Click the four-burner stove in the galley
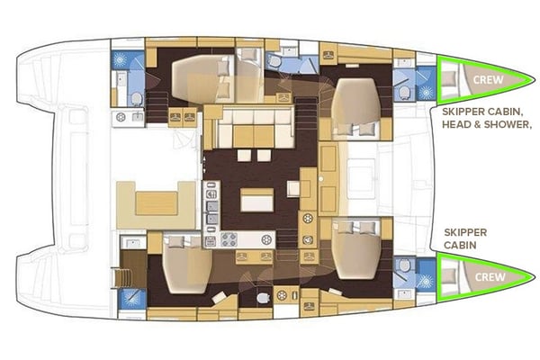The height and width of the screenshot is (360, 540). click(229, 240)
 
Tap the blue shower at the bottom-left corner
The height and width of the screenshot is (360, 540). click(131, 297)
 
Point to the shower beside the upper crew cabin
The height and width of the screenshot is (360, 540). click(425, 78)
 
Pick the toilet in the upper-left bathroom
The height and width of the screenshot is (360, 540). click(135, 98)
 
